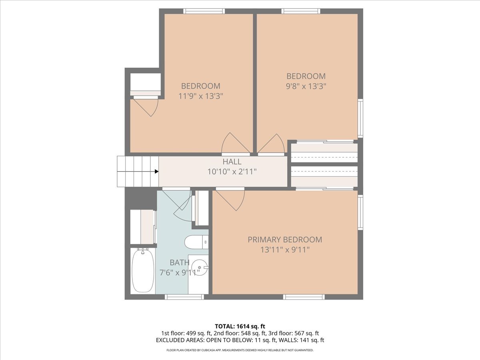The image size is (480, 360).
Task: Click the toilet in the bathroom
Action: click(196, 242)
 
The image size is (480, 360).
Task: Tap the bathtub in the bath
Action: click(143, 271)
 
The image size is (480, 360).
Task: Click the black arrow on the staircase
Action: click(156, 172)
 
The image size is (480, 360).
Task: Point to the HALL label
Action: click(232, 162)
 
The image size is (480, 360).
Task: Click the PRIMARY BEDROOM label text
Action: click(284, 240)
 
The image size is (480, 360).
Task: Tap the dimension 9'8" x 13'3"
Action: click(306, 86)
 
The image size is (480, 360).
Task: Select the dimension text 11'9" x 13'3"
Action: click(200, 96)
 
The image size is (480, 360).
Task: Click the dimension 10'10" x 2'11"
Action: click(232, 172)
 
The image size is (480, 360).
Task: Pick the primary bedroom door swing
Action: click(231, 199)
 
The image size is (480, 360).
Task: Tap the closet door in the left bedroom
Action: click(146, 106)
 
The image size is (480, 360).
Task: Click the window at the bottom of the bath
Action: click(184, 297)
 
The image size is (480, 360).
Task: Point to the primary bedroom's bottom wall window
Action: click(304, 297)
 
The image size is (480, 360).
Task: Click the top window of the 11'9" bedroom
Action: click(204, 11)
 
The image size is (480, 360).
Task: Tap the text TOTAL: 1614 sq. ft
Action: click(240, 326)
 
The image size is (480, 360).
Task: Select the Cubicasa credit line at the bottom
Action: click(240, 350)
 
